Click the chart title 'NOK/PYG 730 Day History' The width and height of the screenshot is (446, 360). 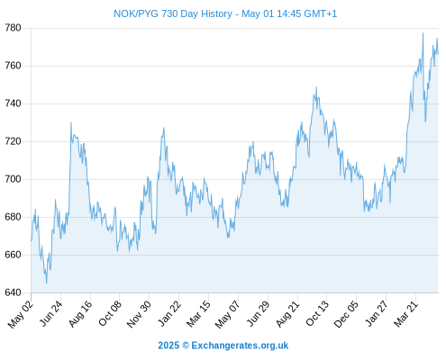pos(173,13)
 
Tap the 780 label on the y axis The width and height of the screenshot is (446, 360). pos(13,28)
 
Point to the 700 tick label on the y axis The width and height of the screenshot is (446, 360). pos(13,179)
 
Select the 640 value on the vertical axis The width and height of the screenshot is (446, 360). pos(13,292)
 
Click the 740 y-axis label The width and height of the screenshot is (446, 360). pos(13,103)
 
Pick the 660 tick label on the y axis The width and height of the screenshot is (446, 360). pos(13,255)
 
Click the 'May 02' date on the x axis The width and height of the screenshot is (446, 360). pos(20,314)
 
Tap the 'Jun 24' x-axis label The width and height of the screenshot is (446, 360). pos(51,313)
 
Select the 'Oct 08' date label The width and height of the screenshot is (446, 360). pos(110,313)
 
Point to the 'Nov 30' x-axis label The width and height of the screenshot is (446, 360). pos(139,314)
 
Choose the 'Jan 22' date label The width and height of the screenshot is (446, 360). pos(169,313)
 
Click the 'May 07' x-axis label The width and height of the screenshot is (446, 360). pos(228,314)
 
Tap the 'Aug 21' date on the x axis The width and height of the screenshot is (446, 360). pos(288,313)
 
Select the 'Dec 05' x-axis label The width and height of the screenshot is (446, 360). pos(346,314)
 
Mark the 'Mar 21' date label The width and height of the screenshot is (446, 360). pos(406,313)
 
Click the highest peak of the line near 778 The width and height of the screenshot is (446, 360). pos(423,33)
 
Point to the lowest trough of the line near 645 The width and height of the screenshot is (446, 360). pos(46,283)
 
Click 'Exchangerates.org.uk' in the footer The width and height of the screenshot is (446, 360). pos(240,346)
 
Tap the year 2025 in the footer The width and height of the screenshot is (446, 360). pos(168,346)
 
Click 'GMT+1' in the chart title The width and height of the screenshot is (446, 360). pos(321,13)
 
